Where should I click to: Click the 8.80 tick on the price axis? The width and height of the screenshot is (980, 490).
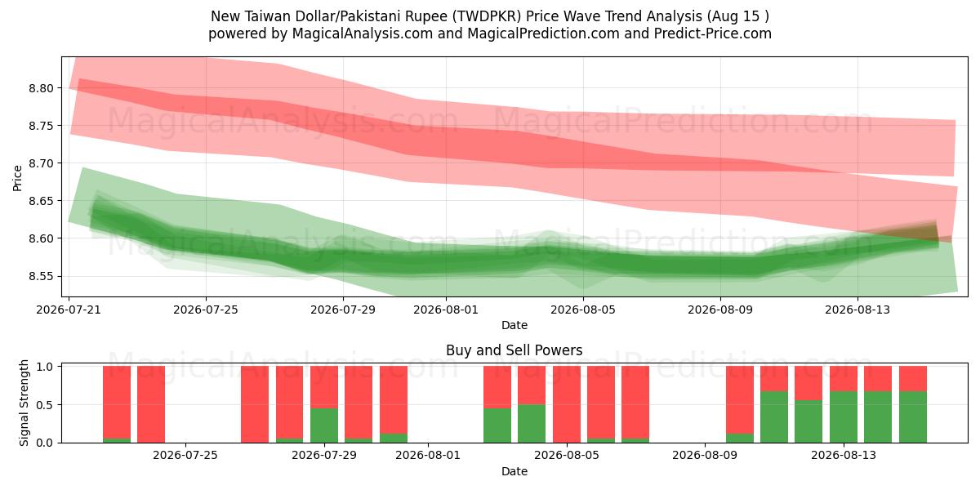(41, 88)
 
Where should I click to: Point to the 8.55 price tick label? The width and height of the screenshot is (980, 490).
(41, 277)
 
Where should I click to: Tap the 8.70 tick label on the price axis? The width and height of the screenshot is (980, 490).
(41, 163)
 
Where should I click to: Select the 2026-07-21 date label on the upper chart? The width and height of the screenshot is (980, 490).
(69, 310)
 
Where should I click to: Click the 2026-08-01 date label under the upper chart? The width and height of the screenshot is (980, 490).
(446, 310)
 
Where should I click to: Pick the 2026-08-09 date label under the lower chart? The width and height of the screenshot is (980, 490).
(705, 456)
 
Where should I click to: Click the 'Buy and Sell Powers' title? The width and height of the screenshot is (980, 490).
(514, 350)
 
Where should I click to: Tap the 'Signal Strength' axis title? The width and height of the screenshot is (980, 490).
(24, 403)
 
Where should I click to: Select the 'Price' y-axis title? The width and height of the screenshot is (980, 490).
(17, 178)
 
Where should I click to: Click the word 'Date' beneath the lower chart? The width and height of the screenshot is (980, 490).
(514, 472)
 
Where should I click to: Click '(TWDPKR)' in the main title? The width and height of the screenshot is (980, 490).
(487, 16)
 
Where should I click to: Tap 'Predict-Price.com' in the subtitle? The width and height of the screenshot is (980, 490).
(713, 33)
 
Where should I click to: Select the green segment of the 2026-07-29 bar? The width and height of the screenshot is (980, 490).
(324, 425)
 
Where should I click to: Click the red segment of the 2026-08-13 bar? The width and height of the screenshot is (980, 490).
(844, 379)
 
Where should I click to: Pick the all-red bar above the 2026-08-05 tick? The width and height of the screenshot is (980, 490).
(567, 404)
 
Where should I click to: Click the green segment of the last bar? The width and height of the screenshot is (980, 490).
(913, 417)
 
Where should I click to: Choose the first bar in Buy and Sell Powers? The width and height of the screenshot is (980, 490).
(117, 404)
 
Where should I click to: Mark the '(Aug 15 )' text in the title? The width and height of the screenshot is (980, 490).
(737, 16)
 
